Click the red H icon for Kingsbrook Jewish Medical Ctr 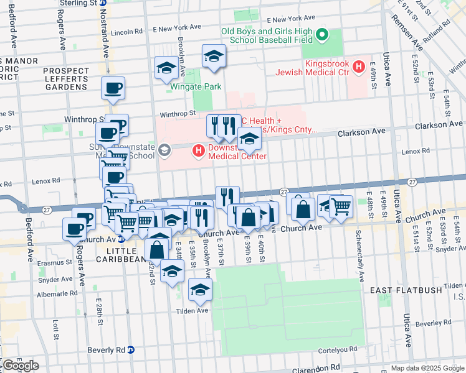click(x=359, y=67)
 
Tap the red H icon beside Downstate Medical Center click(x=198, y=150)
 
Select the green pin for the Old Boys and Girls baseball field click(x=321, y=35)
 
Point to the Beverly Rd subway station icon click(x=131, y=350)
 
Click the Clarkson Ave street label click(x=361, y=133)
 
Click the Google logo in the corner click(x=21, y=365)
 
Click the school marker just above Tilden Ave click(x=200, y=289)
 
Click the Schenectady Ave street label click(x=359, y=255)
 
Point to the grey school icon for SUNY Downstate click(x=164, y=150)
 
